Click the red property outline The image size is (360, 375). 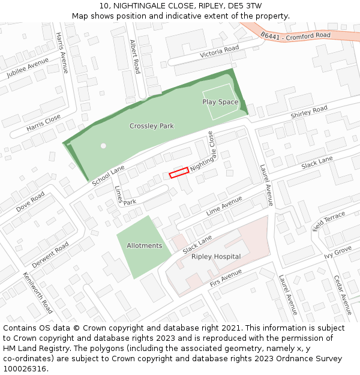pyautogui.click(x=179, y=172)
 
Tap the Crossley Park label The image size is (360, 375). pyautogui.click(x=152, y=126)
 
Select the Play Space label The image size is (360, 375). pyautogui.click(x=220, y=102)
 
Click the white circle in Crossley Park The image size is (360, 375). pyautogui.click(x=103, y=146)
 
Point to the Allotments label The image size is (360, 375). pyautogui.click(x=144, y=245)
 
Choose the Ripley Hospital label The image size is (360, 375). pyautogui.click(x=216, y=257)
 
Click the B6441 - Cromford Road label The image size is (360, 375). pyautogui.click(x=296, y=35)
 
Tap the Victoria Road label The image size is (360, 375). pyautogui.click(x=220, y=51)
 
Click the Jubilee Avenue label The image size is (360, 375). pyautogui.click(x=28, y=68)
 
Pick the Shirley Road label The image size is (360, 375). pyautogui.click(x=309, y=112)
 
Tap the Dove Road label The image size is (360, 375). pyautogui.click(x=31, y=202)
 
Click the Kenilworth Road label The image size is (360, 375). pyautogui.click(x=38, y=293)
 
